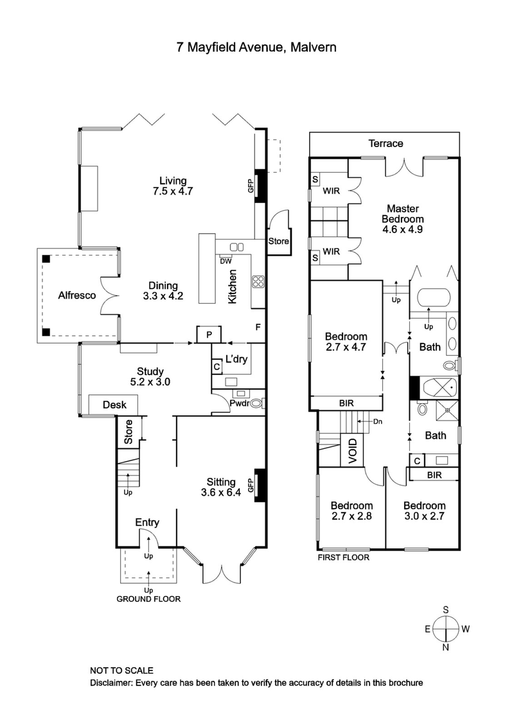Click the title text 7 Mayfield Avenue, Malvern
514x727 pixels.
(x=256, y=47)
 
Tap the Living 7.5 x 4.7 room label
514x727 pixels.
(x=169, y=186)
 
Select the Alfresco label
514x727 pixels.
(x=77, y=296)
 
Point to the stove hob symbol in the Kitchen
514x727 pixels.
(x=258, y=281)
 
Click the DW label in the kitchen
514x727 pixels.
(x=226, y=261)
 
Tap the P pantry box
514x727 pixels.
(x=209, y=335)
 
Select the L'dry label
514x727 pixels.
(x=236, y=360)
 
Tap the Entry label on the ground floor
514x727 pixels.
(x=147, y=523)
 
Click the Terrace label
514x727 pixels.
(x=385, y=143)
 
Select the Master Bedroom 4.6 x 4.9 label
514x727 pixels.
(x=402, y=218)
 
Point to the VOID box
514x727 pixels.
(x=351, y=450)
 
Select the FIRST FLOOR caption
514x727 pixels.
(x=344, y=557)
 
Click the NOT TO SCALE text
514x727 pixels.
(x=121, y=670)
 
